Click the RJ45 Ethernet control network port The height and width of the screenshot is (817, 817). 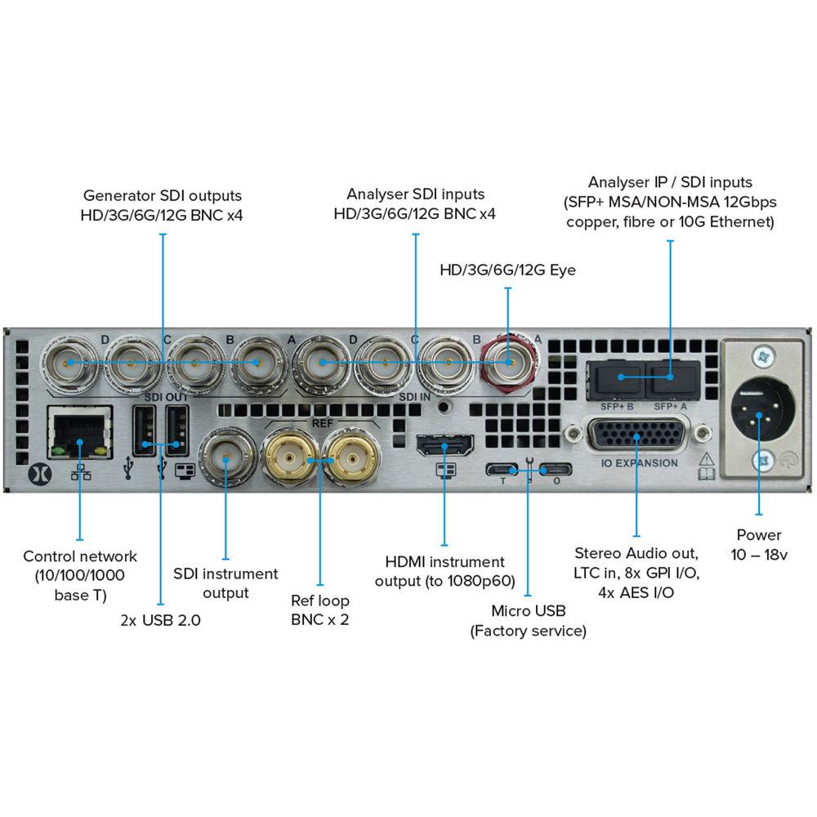pos(78,431)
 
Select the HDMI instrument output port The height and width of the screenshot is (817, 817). pos(444,446)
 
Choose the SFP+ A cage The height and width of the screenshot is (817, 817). pos(672,377)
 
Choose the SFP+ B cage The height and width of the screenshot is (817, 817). pos(618,377)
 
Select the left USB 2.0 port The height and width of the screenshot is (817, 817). pos(145,433)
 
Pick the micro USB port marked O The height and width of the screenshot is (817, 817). pos(556,470)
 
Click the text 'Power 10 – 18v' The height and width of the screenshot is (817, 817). pos(759,545)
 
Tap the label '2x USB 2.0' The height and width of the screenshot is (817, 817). pos(160,620)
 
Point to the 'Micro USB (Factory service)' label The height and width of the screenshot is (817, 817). pos(528,621)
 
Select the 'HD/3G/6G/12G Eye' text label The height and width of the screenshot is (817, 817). pos(507,270)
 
